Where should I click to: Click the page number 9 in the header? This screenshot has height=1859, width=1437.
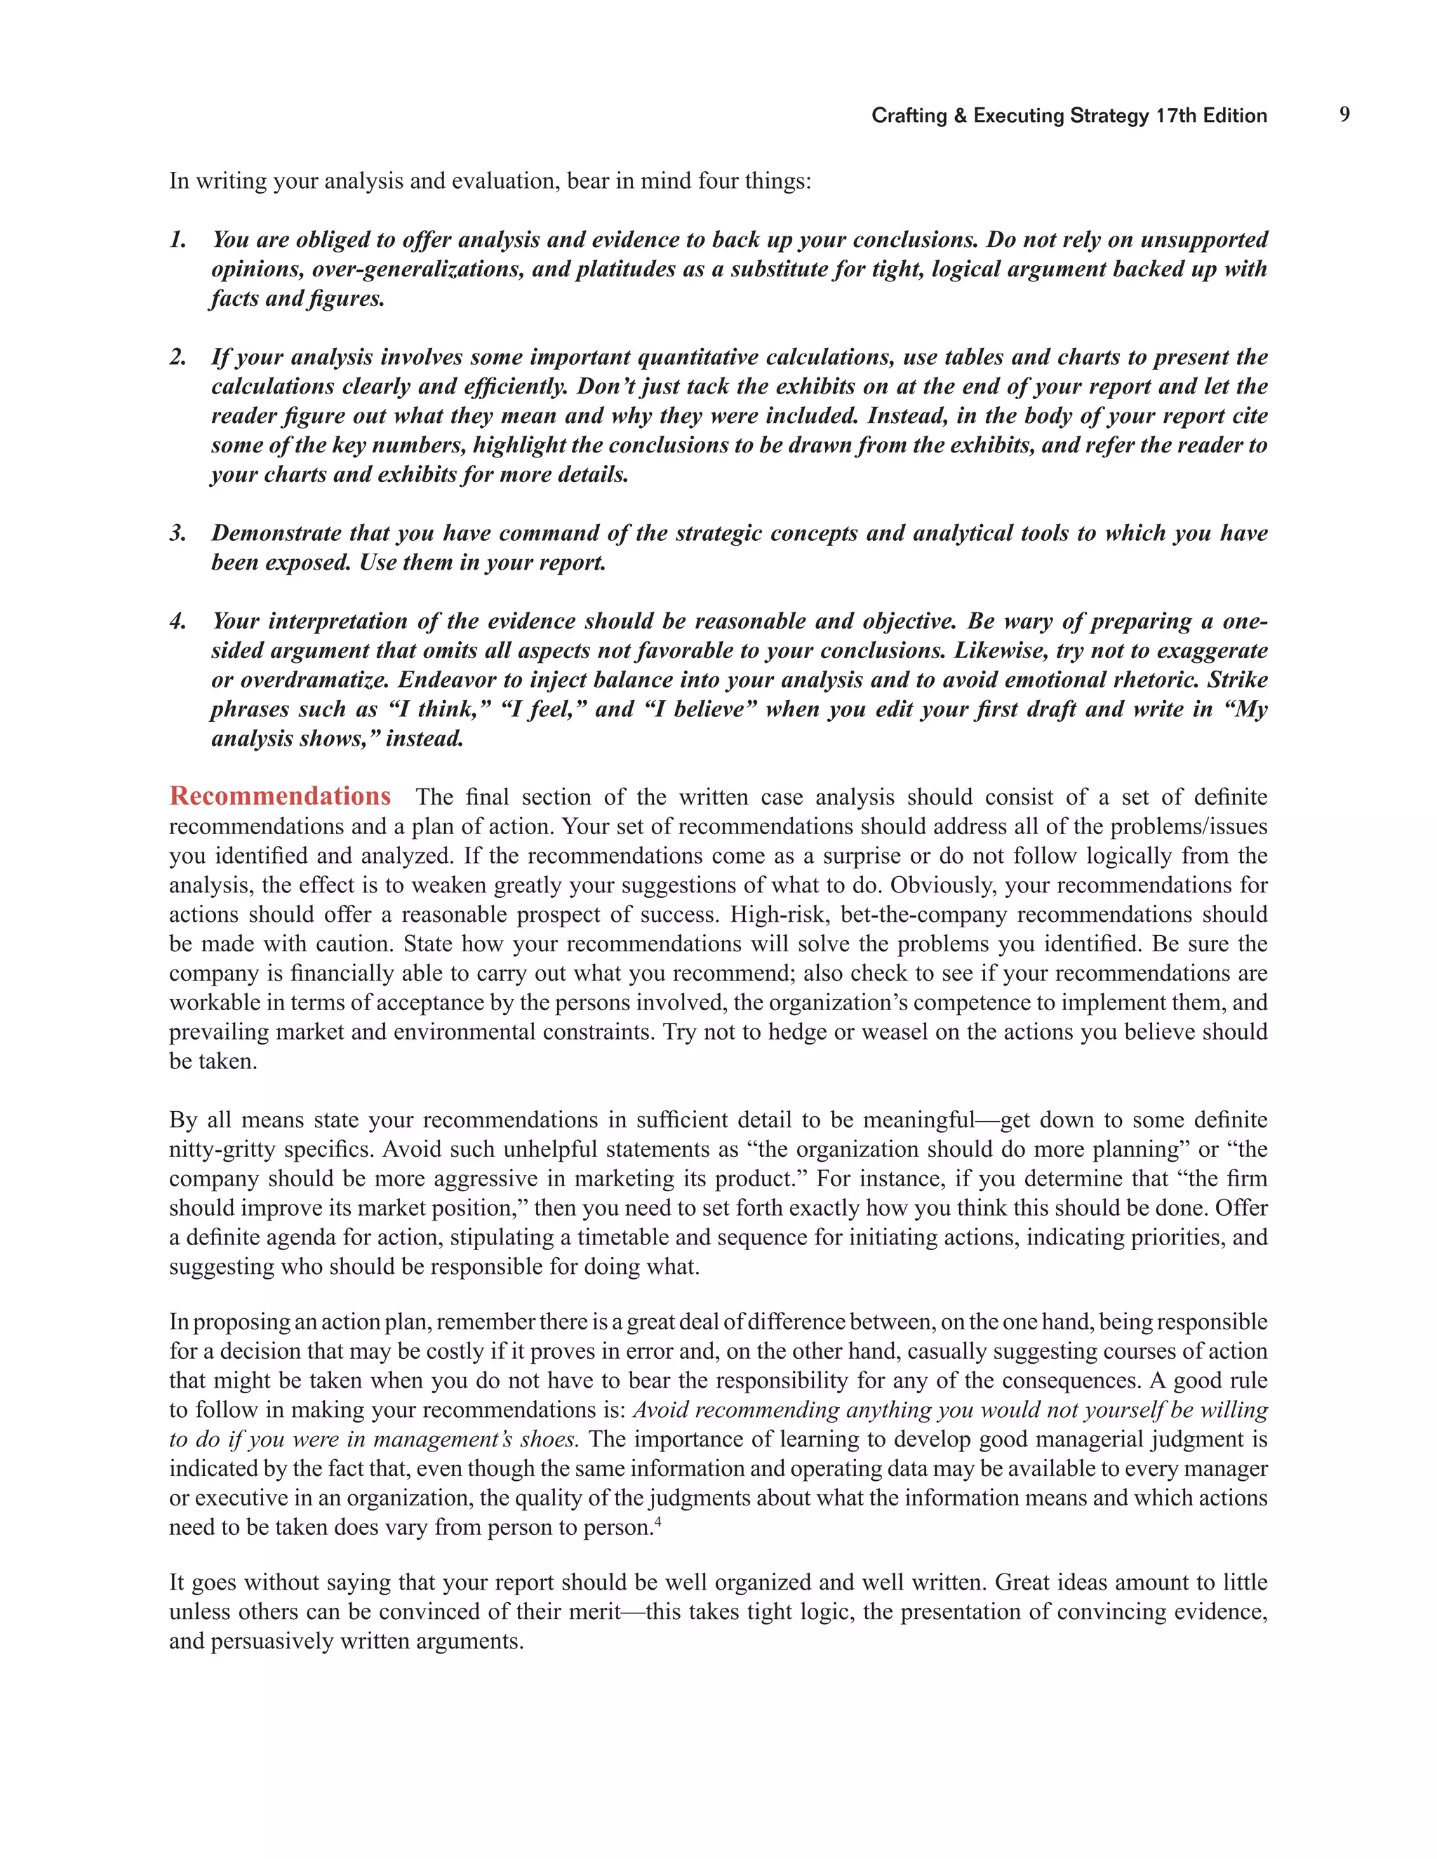point(1344,114)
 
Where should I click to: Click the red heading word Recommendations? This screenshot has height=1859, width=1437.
point(280,796)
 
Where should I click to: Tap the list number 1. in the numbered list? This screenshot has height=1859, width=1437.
point(178,240)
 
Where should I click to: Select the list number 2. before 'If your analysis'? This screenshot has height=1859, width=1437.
point(178,358)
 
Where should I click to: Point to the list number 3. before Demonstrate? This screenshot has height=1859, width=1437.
point(178,534)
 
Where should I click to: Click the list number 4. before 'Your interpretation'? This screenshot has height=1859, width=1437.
point(178,622)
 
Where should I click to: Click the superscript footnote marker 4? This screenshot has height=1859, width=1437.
point(658,1520)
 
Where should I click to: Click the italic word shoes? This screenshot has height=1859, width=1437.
point(551,1439)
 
